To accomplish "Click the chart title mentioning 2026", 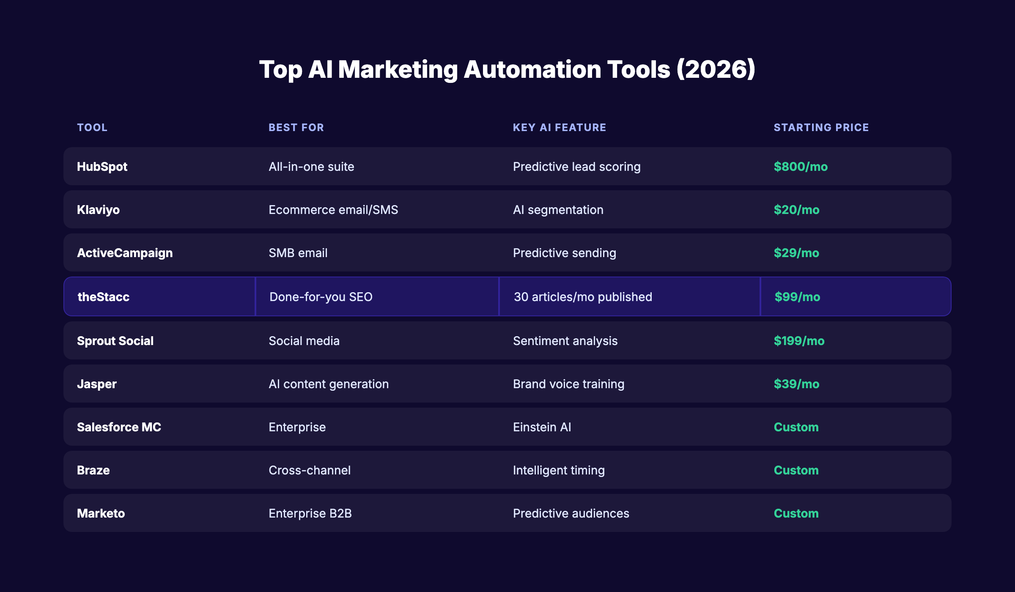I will tap(507, 69).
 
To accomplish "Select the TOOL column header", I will tap(92, 127).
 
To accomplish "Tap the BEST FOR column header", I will tap(296, 127).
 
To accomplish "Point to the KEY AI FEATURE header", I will tap(559, 127).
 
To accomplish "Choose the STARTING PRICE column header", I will tap(821, 127).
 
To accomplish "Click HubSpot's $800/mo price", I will tap(801, 167).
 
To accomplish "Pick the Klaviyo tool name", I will tap(98, 210).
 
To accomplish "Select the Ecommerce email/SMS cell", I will tap(333, 210).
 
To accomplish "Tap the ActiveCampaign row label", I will tap(125, 253).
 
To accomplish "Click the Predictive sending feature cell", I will tap(564, 253).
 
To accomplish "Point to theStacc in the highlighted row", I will tap(104, 297).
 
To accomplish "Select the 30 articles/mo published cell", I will tap(583, 297).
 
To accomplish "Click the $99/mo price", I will tap(797, 297).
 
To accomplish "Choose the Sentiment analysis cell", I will tap(565, 341).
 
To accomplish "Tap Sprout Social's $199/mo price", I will tap(799, 341).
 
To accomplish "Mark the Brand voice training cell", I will tap(568, 384).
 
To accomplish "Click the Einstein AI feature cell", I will tap(542, 427).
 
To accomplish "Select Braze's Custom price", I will tap(796, 470).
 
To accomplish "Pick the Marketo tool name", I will tap(101, 513).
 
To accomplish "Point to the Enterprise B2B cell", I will tap(310, 513).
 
